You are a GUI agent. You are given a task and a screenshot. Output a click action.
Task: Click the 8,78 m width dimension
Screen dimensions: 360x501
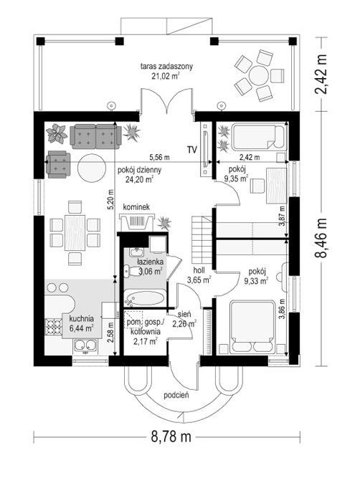coord(171,436)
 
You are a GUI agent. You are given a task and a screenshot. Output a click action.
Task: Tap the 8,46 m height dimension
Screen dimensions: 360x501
coord(321,238)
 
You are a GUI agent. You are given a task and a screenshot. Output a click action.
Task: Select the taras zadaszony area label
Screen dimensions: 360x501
coord(166,71)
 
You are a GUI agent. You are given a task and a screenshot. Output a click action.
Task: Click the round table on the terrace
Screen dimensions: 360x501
coord(258,75)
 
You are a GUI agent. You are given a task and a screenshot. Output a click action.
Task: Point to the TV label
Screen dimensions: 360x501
coord(191,150)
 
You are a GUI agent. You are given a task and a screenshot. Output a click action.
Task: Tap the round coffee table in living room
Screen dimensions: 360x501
coord(92,168)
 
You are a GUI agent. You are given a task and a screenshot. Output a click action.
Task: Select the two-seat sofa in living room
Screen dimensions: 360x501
coord(95,137)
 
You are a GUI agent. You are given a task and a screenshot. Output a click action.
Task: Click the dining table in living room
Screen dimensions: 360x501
coord(75,233)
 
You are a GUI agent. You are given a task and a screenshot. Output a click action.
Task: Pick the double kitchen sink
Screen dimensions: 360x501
coord(85,345)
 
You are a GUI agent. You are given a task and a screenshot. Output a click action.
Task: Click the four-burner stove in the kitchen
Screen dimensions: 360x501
coord(54,327)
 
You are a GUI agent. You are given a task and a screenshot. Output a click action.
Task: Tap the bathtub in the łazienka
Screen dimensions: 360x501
coord(145,298)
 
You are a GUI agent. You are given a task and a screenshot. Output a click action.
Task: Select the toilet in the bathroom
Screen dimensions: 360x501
coord(131,272)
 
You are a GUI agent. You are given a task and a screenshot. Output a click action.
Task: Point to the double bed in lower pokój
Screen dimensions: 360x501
coord(252,327)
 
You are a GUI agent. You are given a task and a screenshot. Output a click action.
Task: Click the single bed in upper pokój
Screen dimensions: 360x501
coord(257,138)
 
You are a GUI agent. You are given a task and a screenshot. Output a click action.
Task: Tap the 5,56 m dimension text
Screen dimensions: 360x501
coord(159,157)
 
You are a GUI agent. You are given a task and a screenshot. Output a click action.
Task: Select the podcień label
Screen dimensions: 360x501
coord(176,395)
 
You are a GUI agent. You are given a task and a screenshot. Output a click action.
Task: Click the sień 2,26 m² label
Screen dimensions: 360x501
coord(184,319)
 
